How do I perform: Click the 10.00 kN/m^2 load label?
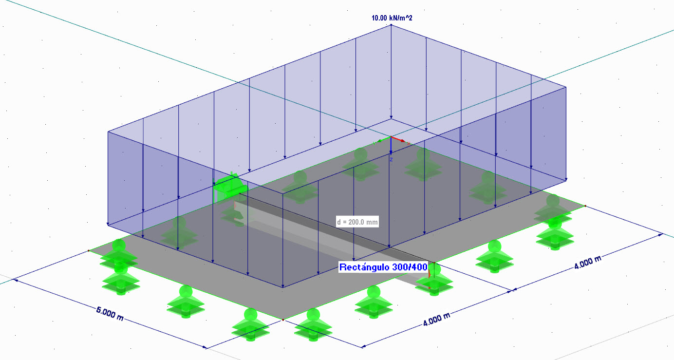pos(392,18)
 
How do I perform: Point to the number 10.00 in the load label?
pos(379,18)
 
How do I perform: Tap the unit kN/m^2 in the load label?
pos(400,18)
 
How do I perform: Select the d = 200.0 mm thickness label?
pos(357,222)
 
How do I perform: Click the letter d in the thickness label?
pos(339,222)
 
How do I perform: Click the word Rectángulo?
pos(364,267)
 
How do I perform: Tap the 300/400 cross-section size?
pos(409,267)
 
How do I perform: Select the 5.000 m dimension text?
pos(110,314)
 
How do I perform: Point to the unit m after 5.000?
pos(120,318)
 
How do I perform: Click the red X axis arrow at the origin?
pos(398,139)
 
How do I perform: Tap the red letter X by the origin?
pos(409,144)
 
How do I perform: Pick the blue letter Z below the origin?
pos(391,159)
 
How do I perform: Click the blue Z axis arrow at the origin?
pos(391,146)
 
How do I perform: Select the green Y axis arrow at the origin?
pos(384,139)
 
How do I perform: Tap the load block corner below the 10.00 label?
pos(391,25)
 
